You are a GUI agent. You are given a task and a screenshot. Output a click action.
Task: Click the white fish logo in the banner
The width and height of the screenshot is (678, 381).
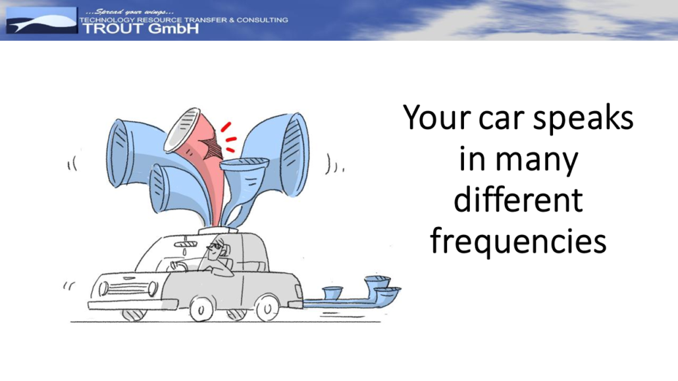pyautogui.click(x=41, y=22)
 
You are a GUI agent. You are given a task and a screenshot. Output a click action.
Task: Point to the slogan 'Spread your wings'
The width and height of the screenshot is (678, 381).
pyautogui.click(x=130, y=12)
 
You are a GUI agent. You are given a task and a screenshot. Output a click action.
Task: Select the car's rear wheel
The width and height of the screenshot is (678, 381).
pyautogui.click(x=267, y=308)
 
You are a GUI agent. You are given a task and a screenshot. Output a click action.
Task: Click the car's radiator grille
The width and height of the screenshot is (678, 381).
pyautogui.click(x=128, y=289)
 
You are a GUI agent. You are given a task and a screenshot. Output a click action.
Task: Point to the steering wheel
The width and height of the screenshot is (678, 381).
pyautogui.click(x=178, y=266)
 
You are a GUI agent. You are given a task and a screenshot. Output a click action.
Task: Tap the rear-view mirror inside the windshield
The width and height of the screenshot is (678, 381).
pyautogui.click(x=185, y=245)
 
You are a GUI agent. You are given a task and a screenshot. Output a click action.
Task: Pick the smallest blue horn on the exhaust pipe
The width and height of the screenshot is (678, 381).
pyautogui.click(x=332, y=292)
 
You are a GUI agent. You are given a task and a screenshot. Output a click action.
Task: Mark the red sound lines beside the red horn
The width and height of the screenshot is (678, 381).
pyautogui.click(x=228, y=138)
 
